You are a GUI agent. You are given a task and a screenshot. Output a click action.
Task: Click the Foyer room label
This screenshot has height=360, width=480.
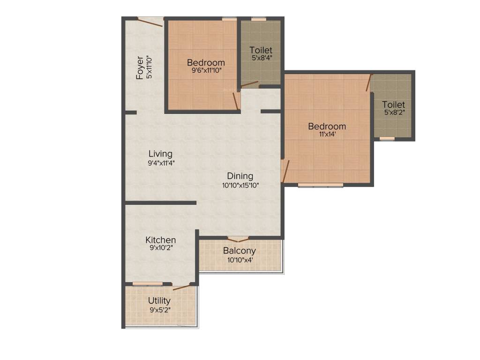[x=140, y=68]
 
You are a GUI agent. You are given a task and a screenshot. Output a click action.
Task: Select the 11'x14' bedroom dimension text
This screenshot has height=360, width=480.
[x=327, y=135]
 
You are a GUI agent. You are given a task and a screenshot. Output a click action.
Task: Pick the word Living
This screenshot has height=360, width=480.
[x=160, y=154]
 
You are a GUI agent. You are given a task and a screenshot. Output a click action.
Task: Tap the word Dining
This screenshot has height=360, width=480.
[x=240, y=176]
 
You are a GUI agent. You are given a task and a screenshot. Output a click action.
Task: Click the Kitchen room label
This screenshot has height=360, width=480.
[x=160, y=240]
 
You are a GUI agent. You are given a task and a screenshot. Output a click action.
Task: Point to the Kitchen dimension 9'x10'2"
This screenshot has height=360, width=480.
[x=160, y=248]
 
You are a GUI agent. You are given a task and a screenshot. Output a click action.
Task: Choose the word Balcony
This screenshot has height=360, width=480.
[x=239, y=251]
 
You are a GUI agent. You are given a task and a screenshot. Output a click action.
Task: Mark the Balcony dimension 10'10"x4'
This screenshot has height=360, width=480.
[x=239, y=259]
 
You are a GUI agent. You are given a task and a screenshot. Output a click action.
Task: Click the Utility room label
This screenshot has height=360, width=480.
[x=159, y=300]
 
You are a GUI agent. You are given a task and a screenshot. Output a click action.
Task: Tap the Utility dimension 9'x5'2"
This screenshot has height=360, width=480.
[x=159, y=309]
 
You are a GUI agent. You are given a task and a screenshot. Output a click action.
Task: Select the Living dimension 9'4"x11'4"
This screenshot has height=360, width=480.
[x=160, y=163]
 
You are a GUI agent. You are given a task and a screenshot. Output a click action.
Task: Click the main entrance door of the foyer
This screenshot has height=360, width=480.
[x=150, y=22]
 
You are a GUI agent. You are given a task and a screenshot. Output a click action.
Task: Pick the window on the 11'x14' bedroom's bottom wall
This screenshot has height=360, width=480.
[x=321, y=185]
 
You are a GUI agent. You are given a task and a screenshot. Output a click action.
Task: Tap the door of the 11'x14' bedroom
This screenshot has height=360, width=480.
[x=285, y=171]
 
